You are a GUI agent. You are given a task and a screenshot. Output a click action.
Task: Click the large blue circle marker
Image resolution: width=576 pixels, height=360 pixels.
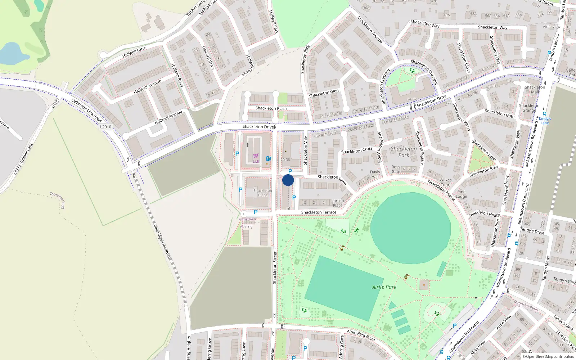click(288, 180)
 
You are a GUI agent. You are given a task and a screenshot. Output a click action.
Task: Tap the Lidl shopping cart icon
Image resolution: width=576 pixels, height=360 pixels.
click(256, 156)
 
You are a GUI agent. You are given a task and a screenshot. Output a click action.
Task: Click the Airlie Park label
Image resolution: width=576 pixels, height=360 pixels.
click(384, 287)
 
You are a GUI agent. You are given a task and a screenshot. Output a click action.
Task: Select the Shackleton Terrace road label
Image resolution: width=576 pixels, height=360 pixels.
click(319, 212)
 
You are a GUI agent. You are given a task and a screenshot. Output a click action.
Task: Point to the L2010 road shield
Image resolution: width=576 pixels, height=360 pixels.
click(106, 127)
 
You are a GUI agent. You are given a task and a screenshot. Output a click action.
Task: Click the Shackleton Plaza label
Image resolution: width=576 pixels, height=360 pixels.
click(271, 108)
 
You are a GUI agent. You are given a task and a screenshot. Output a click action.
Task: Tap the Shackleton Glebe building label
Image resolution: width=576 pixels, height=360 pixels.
click(263, 193)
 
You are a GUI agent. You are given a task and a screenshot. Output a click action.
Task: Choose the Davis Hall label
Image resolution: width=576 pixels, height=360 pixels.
click(375, 174)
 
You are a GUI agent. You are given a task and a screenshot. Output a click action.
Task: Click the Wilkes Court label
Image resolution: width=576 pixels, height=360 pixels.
click(445, 182)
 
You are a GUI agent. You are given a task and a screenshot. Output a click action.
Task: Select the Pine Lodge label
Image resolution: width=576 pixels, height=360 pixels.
click(461, 194)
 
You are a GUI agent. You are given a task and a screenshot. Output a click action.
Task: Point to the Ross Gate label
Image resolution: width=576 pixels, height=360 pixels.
click(396, 169)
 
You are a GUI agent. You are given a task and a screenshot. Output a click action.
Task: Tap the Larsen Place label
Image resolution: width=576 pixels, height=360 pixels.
click(338, 203)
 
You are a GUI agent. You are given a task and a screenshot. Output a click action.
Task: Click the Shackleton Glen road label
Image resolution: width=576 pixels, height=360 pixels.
click(324, 93)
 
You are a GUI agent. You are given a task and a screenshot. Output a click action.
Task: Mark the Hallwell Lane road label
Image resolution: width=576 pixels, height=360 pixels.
click(134, 53)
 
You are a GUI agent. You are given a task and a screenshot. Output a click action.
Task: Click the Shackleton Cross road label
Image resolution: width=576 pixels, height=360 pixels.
click(357, 150)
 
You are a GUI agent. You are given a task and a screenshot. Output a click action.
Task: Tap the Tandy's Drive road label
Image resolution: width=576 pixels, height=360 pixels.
click(532, 230)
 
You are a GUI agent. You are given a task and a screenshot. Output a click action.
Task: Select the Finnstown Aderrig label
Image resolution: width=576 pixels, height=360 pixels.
click(247, 223)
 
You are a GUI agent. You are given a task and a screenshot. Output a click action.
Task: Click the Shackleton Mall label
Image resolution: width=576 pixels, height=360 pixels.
click(535, 89)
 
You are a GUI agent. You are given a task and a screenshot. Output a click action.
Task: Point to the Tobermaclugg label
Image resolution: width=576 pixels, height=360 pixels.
click(58, 200)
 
